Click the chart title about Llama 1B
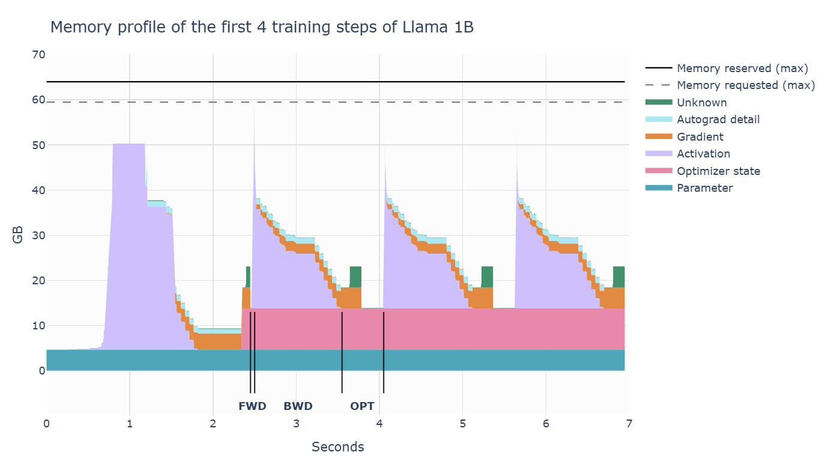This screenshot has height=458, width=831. [x=262, y=28]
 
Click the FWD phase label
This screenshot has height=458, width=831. [x=252, y=406]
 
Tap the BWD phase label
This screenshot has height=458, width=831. [x=298, y=406]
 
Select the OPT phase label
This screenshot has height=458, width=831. [x=362, y=406]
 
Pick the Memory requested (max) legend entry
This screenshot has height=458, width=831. [x=745, y=85]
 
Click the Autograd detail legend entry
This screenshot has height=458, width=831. [x=718, y=120]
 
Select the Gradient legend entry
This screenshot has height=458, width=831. [x=700, y=136]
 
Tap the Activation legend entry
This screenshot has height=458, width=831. [x=703, y=154]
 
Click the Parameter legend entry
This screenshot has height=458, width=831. [x=704, y=188]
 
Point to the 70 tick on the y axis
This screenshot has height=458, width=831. [x=38, y=55]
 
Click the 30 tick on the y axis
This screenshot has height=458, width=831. [x=38, y=236]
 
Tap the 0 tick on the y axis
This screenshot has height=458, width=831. [x=41, y=371]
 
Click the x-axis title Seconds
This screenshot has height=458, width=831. [x=337, y=447]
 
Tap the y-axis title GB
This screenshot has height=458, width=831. [x=19, y=236]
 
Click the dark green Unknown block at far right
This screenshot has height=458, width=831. [x=618, y=277]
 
